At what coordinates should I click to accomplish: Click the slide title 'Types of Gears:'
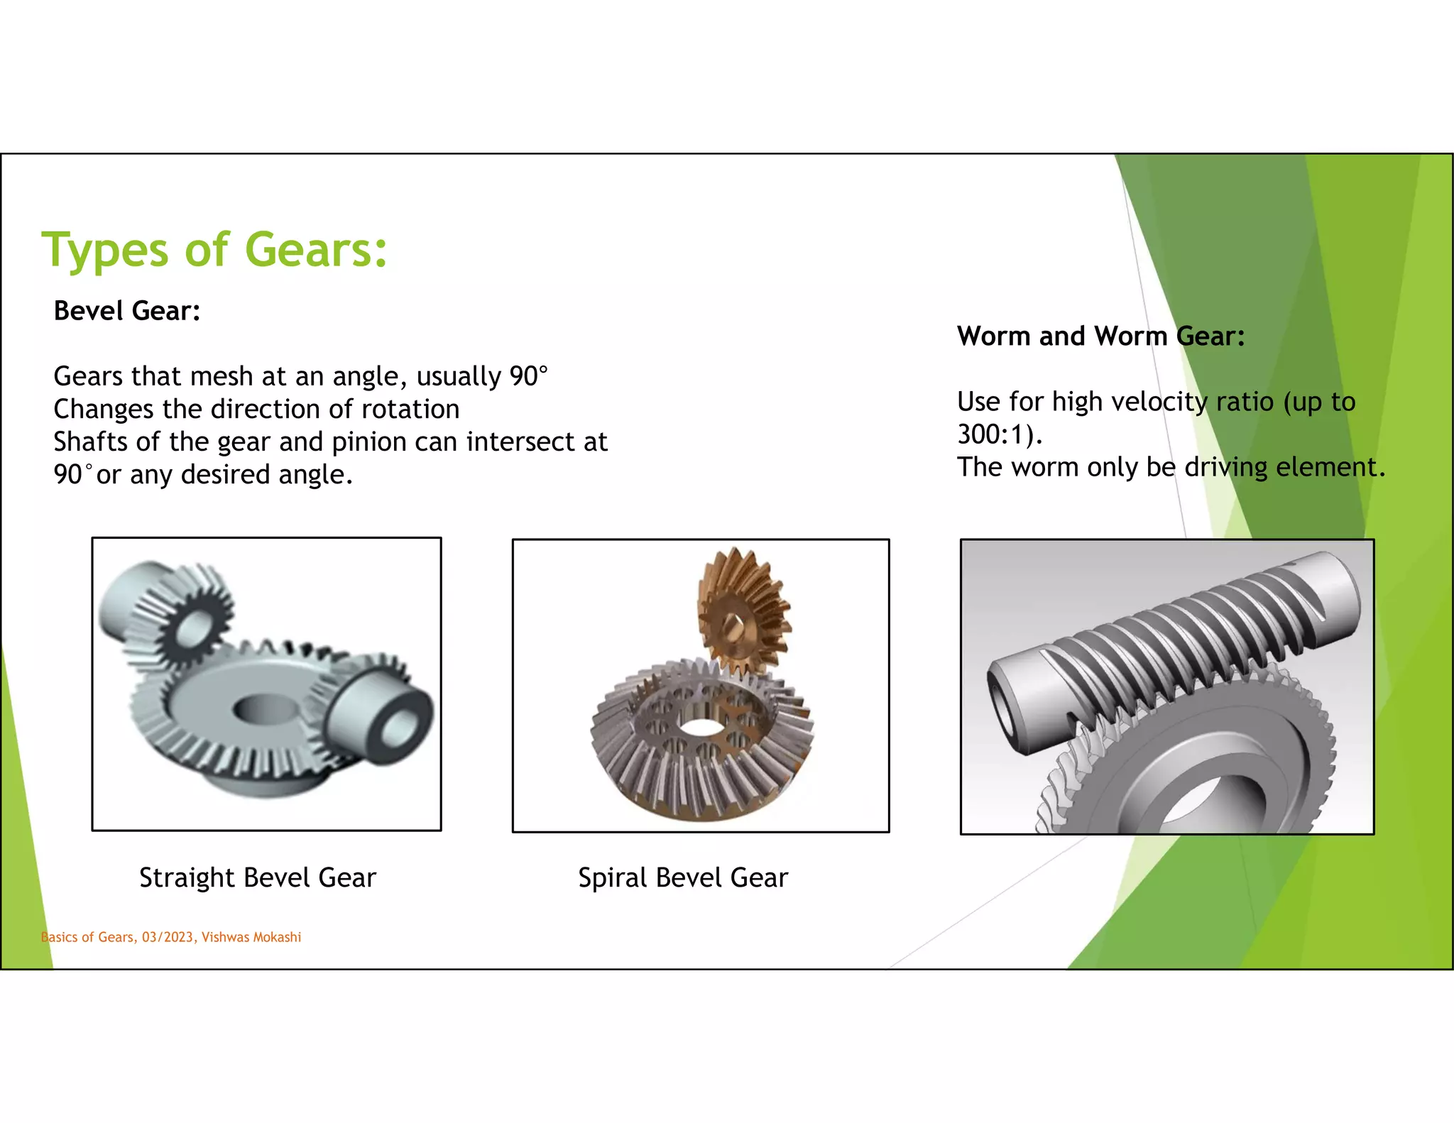click(214, 250)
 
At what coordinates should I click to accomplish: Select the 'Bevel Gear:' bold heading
click(127, 311)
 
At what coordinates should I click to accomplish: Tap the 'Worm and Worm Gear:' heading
click(1100, 336)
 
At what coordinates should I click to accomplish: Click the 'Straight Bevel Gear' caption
click(258, 878)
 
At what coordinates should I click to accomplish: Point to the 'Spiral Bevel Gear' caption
click(683, 878)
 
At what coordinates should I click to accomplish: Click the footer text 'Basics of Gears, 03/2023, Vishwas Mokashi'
click(171, 937)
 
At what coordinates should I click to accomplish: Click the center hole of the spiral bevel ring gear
click(701, 728)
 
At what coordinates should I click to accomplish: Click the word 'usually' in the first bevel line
click(459, 377)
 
